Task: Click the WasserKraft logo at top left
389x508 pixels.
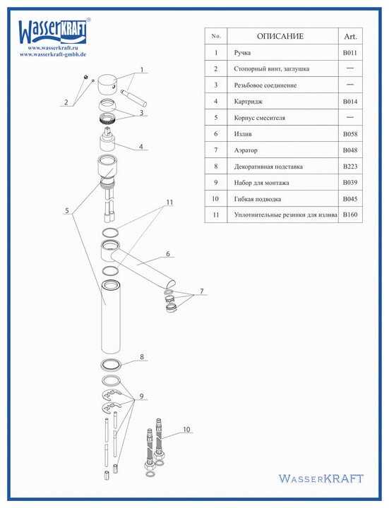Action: coord(54,31)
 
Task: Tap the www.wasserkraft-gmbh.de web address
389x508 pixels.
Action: coord(53,54)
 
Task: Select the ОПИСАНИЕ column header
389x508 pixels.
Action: coord(280,36)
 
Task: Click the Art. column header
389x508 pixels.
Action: coord(350,37)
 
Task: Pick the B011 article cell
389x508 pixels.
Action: coord(350,53)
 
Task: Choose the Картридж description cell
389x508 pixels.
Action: coord(249,102)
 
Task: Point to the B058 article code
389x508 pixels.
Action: coord(350,134)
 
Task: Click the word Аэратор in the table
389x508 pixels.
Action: coord(246,150)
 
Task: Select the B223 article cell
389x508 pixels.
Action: coord(350,167)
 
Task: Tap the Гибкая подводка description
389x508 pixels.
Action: coord(258,199)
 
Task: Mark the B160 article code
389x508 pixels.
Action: coord(350,214)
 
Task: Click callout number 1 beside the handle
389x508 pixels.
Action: coord(142,70)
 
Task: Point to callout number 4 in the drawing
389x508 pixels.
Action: coord(140,147)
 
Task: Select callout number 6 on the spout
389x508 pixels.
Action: coord(168,254)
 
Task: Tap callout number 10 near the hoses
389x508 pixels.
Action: coord(186,430)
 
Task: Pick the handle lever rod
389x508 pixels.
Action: coord(134,97)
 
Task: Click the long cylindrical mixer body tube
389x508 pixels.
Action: coord(111,317)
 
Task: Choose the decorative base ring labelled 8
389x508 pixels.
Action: coord(111,365)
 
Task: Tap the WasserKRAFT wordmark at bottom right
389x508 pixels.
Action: coord(321,478)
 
